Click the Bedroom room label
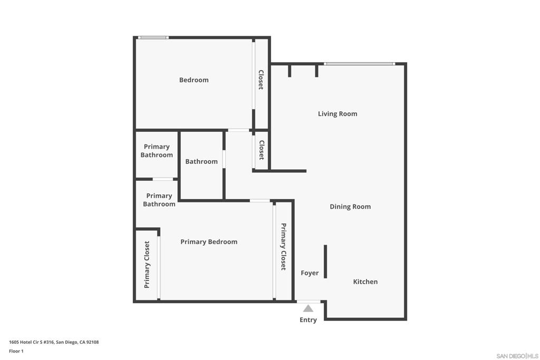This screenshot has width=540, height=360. coord(194,80)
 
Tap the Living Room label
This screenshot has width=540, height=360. coord(337,114)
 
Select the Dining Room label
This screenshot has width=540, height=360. coord(350,207)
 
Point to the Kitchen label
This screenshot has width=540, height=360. coord(365,281)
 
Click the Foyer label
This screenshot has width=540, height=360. coord(310,273)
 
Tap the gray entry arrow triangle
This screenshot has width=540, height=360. coord(308,308)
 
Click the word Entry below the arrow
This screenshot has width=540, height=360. coord(308,320)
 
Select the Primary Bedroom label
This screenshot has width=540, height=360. coord(209,242)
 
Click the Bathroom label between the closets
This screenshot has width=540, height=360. coord(201,161)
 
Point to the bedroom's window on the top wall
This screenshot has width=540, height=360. coord(153,37)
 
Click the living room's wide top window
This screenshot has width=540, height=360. coord(360,64)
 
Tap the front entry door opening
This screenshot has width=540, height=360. coord(308,302)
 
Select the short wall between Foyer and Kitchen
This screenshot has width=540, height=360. coord(325,261)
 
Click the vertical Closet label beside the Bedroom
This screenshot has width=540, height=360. coord(261,80)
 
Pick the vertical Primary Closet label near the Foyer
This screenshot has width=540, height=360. coord(283,247)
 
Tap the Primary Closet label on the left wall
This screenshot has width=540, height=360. coord(147,264)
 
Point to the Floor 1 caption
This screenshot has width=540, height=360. coord(16,351)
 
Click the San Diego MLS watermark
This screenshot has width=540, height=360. coord(517,356)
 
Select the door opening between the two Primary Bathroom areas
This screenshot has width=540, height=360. coord(163,179)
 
